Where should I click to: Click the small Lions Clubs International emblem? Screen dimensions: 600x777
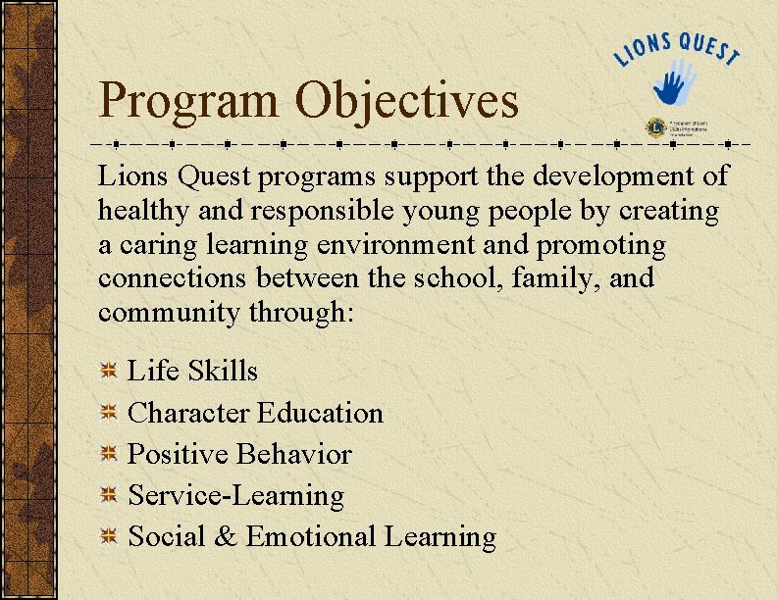[654, 128]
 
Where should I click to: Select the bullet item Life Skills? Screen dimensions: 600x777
[193, 371]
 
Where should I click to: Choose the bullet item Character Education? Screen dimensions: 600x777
[255, 413]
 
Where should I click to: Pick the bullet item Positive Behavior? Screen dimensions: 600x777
[239, 454]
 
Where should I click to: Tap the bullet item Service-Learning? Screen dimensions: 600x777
[236, 496]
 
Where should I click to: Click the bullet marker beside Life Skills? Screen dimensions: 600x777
[109, 371]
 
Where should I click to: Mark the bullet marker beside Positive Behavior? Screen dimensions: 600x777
[109, 454]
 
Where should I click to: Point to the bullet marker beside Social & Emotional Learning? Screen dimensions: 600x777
[109, 537]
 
